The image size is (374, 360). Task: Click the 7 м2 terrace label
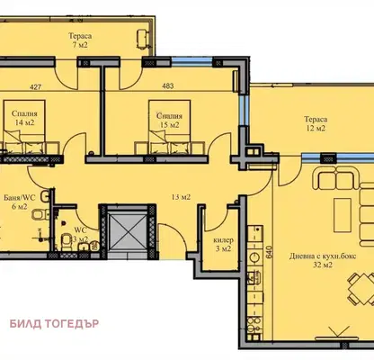click(x=80, y=40)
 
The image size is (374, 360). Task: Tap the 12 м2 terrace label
click(x=316, y=123)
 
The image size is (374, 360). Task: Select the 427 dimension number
click(x=35, y=87)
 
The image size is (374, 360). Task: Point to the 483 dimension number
click(x=168, y=86)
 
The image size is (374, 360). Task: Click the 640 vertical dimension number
click(x=269, y=252)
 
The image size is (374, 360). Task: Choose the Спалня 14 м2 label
click(x=24, y=118)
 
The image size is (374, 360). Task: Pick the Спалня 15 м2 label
click(x=169, y=121)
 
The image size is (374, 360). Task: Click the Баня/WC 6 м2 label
click(x=20, y=202)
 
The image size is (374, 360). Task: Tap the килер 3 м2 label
click(x=223, y=245)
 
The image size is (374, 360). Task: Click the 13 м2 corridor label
click(x=181, y=197)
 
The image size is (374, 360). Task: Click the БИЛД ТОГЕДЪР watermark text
click(x=54, y=324)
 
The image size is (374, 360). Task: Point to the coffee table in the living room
click(x=343, y=215)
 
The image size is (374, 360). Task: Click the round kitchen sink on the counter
click(x=255, y=257)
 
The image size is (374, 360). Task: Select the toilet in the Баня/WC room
click(x=40, y=214)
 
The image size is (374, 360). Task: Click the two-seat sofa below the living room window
click(x=336, y=178)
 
